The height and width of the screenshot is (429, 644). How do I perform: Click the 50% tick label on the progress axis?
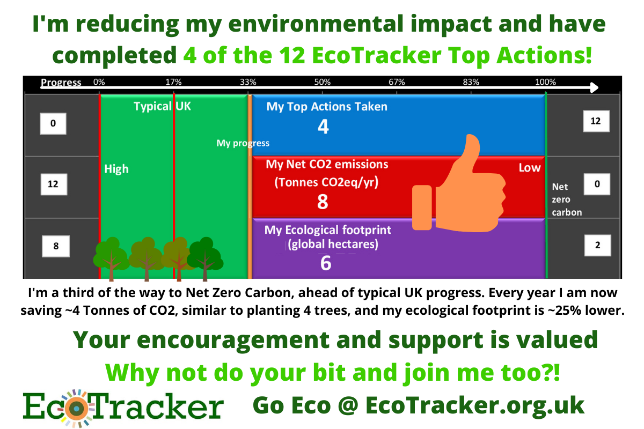point(323,82)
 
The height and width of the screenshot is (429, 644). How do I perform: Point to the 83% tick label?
point(471,82)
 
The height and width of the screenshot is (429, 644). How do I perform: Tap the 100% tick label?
point(545,82)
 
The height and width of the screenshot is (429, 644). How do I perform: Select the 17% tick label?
point(173,82)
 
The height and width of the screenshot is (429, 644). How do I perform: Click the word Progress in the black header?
point(61,83)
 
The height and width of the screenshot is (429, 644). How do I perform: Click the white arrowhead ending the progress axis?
point(594,87)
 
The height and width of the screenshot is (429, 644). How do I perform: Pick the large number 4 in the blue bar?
point(323,127)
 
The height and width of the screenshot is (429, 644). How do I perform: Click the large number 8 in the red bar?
point(323,202)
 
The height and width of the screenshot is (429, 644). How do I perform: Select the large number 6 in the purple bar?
point(326,263)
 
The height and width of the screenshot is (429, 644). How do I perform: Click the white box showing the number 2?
point(597,245)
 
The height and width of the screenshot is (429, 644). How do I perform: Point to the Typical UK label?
point(162,106)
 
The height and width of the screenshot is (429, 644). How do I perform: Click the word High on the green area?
point(116,169)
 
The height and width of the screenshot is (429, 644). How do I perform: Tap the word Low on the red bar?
point(530,168)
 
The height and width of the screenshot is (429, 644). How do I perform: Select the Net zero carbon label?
point(567,199)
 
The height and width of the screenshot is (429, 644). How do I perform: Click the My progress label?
point(243,143)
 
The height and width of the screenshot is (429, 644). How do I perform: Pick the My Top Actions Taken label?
point(327,107)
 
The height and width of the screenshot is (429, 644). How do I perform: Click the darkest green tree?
point(205,258)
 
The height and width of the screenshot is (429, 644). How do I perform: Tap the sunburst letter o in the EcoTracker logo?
point(76,408)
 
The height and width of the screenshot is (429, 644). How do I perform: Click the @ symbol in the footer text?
point(348,405)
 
